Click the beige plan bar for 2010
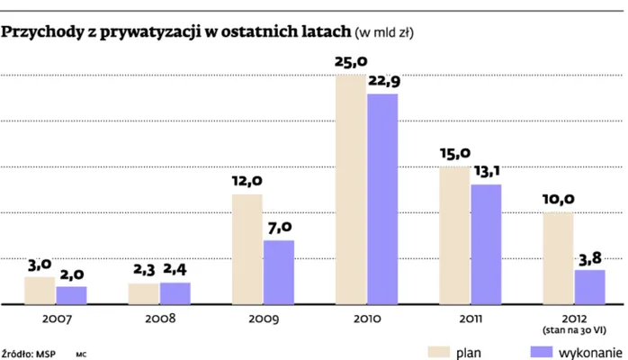click(351, 190)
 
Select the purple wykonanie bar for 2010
click(382, 199)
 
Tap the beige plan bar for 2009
click(247, 249)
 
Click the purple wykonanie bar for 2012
click(589, 287)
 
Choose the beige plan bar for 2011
click(454, 236)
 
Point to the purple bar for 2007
click(71, 295)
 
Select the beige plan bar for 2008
click(143, 293)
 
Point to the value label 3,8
click(589, 257)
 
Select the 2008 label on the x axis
click(160, 319)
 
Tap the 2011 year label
click(471, 319)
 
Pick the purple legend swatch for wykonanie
click(540, 350)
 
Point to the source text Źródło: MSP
click(29, 352)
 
